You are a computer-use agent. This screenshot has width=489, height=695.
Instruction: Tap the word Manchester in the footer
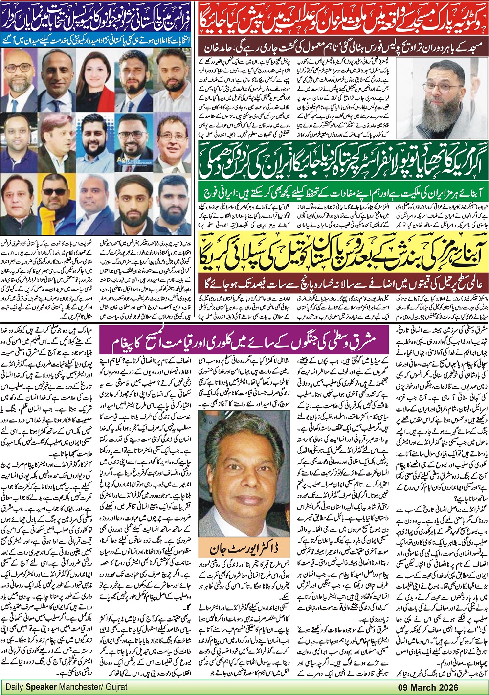click(76, 687)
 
